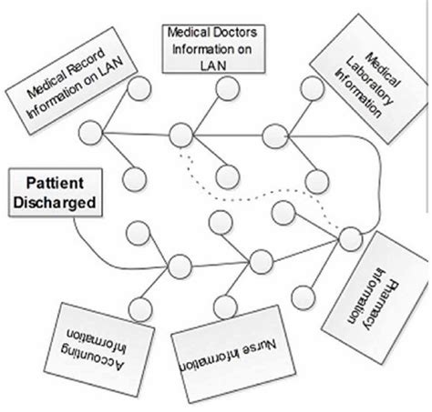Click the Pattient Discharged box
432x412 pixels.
pos(51,193)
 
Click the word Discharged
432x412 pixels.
pos(51,203)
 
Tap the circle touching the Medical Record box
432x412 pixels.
pos(139,90)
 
